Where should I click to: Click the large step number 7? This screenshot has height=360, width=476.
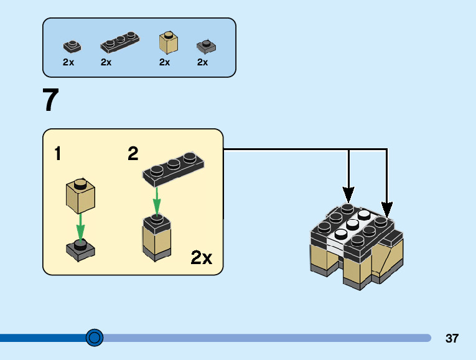click(x=51, y=101)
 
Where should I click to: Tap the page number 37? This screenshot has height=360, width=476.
click(x=452, y=339)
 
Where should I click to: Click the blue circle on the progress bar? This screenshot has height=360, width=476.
click(x=95, y=338)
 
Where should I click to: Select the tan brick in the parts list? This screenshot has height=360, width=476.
click(x=167, y=42)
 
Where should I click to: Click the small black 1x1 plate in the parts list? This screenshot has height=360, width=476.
click(x=72, y=46)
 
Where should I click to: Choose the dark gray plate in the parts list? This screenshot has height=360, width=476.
click(x=205, y=46)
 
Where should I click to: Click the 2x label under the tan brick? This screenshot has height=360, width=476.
click(x=164, y=62)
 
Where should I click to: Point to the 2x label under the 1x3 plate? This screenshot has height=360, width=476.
click(x=106, y=62)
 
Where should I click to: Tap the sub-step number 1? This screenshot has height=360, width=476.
click(x=58, y=154)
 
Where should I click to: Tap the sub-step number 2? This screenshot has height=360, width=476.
click(x=133, y=154)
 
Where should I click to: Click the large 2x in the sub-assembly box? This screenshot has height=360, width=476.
click(x=202, y=258)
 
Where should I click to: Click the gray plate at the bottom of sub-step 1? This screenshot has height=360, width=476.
click(x=80, y=249)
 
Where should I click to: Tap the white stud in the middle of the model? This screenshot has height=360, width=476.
click(x=352, y=224)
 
